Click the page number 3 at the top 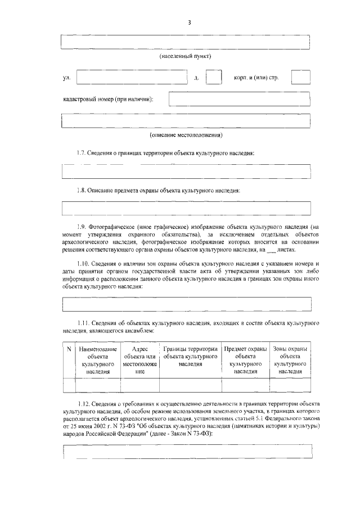[x=190, y=22]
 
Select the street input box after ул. [x=134, y=78]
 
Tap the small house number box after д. [x=213, y=78]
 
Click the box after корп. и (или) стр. [x=300, y=78]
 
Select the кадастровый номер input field [x=239, y=100]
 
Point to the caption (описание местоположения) [x=186, y=136]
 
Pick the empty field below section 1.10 [x=186, y=304]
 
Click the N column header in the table [x=69, y=350]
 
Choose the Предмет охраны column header [x=245, y=361]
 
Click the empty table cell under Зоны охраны [x=289, y=385]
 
